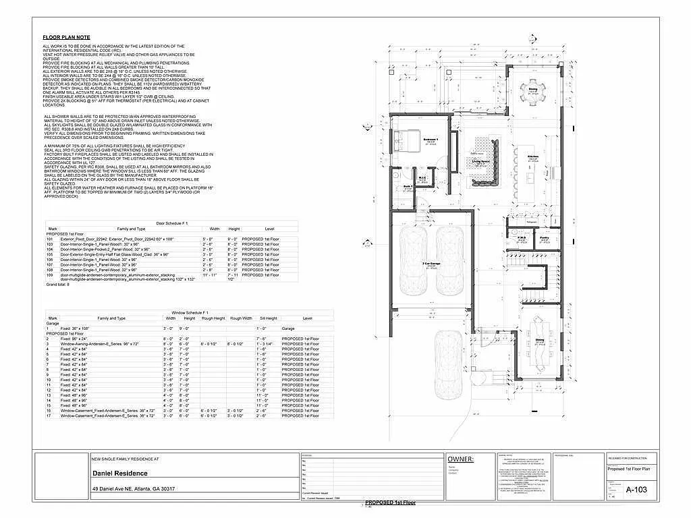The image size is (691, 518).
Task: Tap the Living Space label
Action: pyautogui.click(x=480, y=162)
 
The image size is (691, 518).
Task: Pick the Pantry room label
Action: pyautogui.click(x=544, y=237)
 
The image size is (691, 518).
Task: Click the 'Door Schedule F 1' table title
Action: pyautogui.click(x=171, y=223)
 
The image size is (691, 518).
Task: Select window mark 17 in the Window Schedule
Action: pyautogui.click(x=49, y=416)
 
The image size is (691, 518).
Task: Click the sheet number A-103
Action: pyautogui.click(x=636, y=490)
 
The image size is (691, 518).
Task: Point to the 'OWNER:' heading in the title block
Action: pyautogui.click(x=460, y=459)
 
